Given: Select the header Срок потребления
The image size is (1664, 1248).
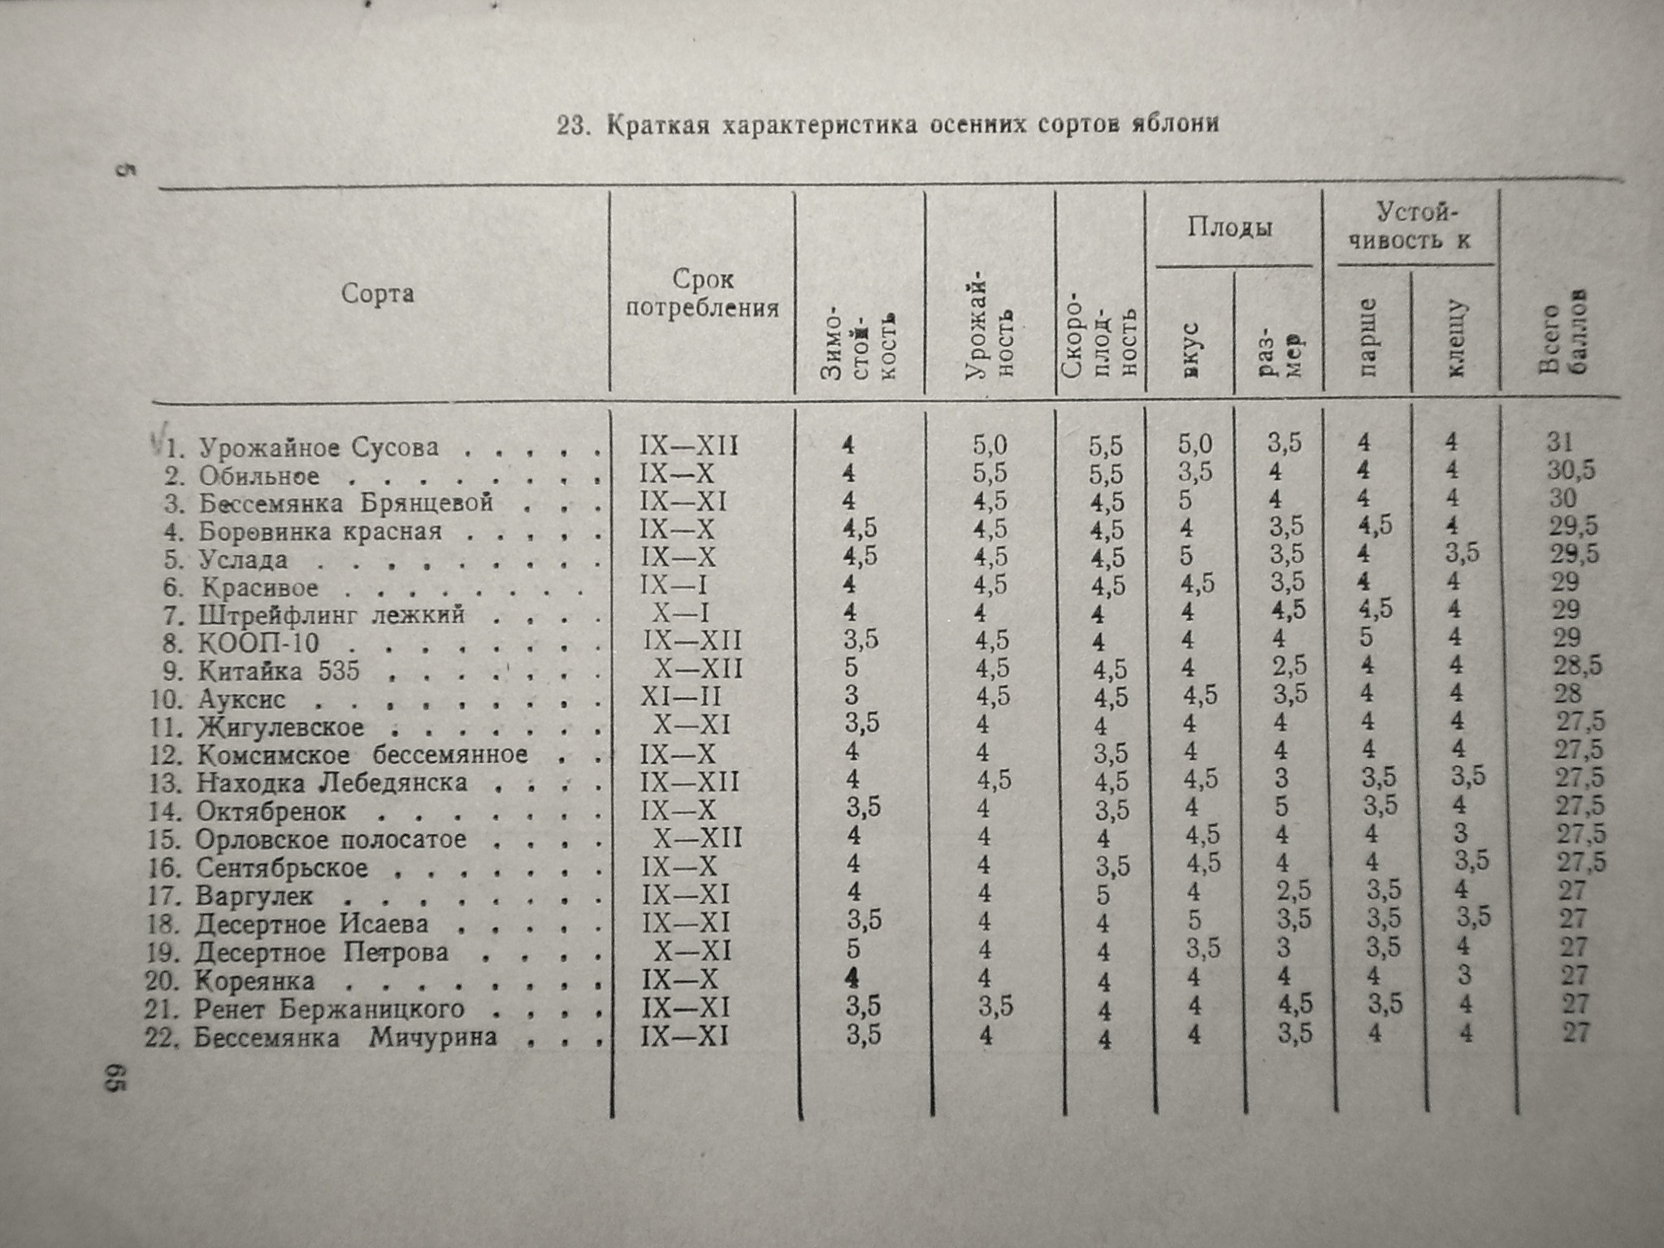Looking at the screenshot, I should (x=704, y=294).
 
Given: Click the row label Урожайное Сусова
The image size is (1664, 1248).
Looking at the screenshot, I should (x=318, y=448).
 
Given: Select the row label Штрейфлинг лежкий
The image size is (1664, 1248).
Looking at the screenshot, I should (x=331, y=615).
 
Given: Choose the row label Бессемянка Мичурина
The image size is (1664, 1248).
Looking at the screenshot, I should (x=344, y=1038).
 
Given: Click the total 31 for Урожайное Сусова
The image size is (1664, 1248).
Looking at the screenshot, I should (x=1560, y=442).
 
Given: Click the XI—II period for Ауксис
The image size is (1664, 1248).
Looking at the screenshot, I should (x=681, y=697).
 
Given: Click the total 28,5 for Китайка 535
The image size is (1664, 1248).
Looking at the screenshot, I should (x=1575, y=666).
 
